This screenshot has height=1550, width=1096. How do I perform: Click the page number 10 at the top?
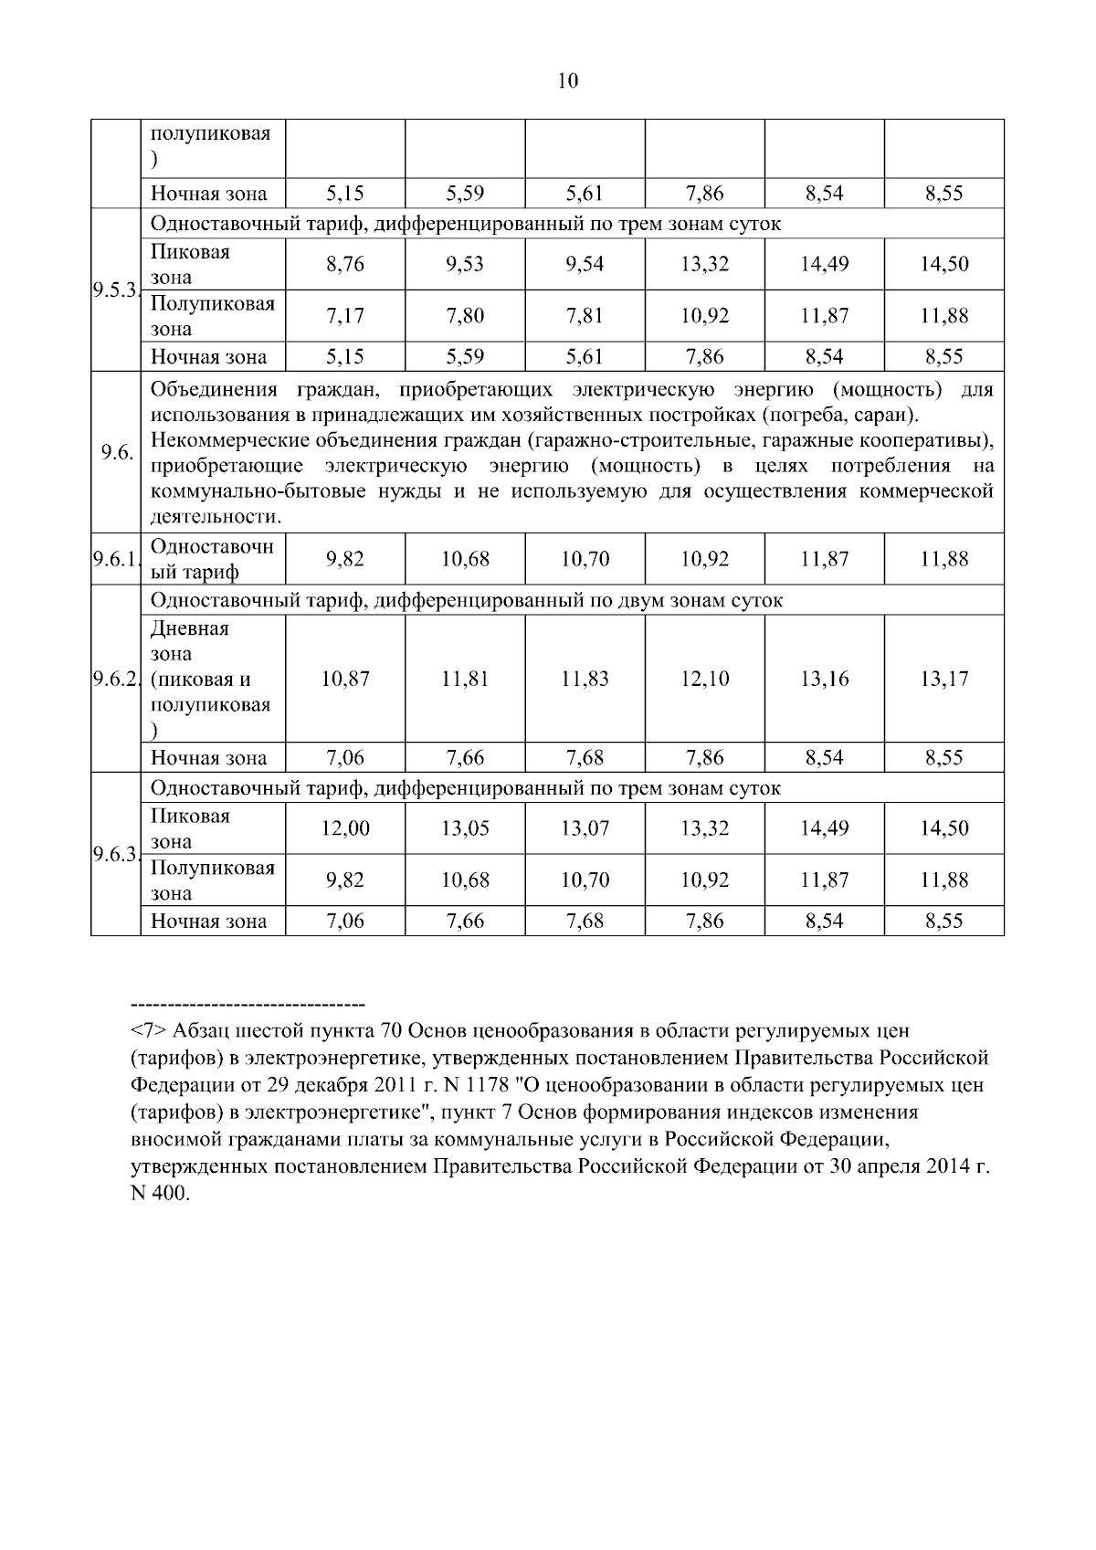click(567, 81)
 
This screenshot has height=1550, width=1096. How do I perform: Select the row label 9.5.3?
click(114, 290)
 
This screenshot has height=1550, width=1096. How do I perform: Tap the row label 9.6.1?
click(114, 559)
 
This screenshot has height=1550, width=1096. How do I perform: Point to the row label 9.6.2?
click(114, 680)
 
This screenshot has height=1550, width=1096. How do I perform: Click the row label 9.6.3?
click(114, 855)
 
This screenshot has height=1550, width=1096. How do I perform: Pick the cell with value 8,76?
click(344, 265)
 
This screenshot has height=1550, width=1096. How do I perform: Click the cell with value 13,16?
click(824, 680)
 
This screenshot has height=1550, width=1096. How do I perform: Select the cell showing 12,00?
click(344, 829)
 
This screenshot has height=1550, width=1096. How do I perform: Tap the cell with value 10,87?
click(344, 680)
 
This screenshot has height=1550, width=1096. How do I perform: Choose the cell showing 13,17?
click(943, 680)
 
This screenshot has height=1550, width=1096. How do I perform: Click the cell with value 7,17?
click(344, 316)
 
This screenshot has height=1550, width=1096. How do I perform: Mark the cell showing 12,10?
click(704, 680)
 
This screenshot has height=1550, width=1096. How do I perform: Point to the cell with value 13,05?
click(465, 829)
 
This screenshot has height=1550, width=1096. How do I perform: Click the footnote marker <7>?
click(149, 1031)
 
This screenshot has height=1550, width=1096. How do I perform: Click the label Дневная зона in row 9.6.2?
click(190, 641)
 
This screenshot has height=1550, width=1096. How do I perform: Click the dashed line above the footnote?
click(248, 1004)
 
